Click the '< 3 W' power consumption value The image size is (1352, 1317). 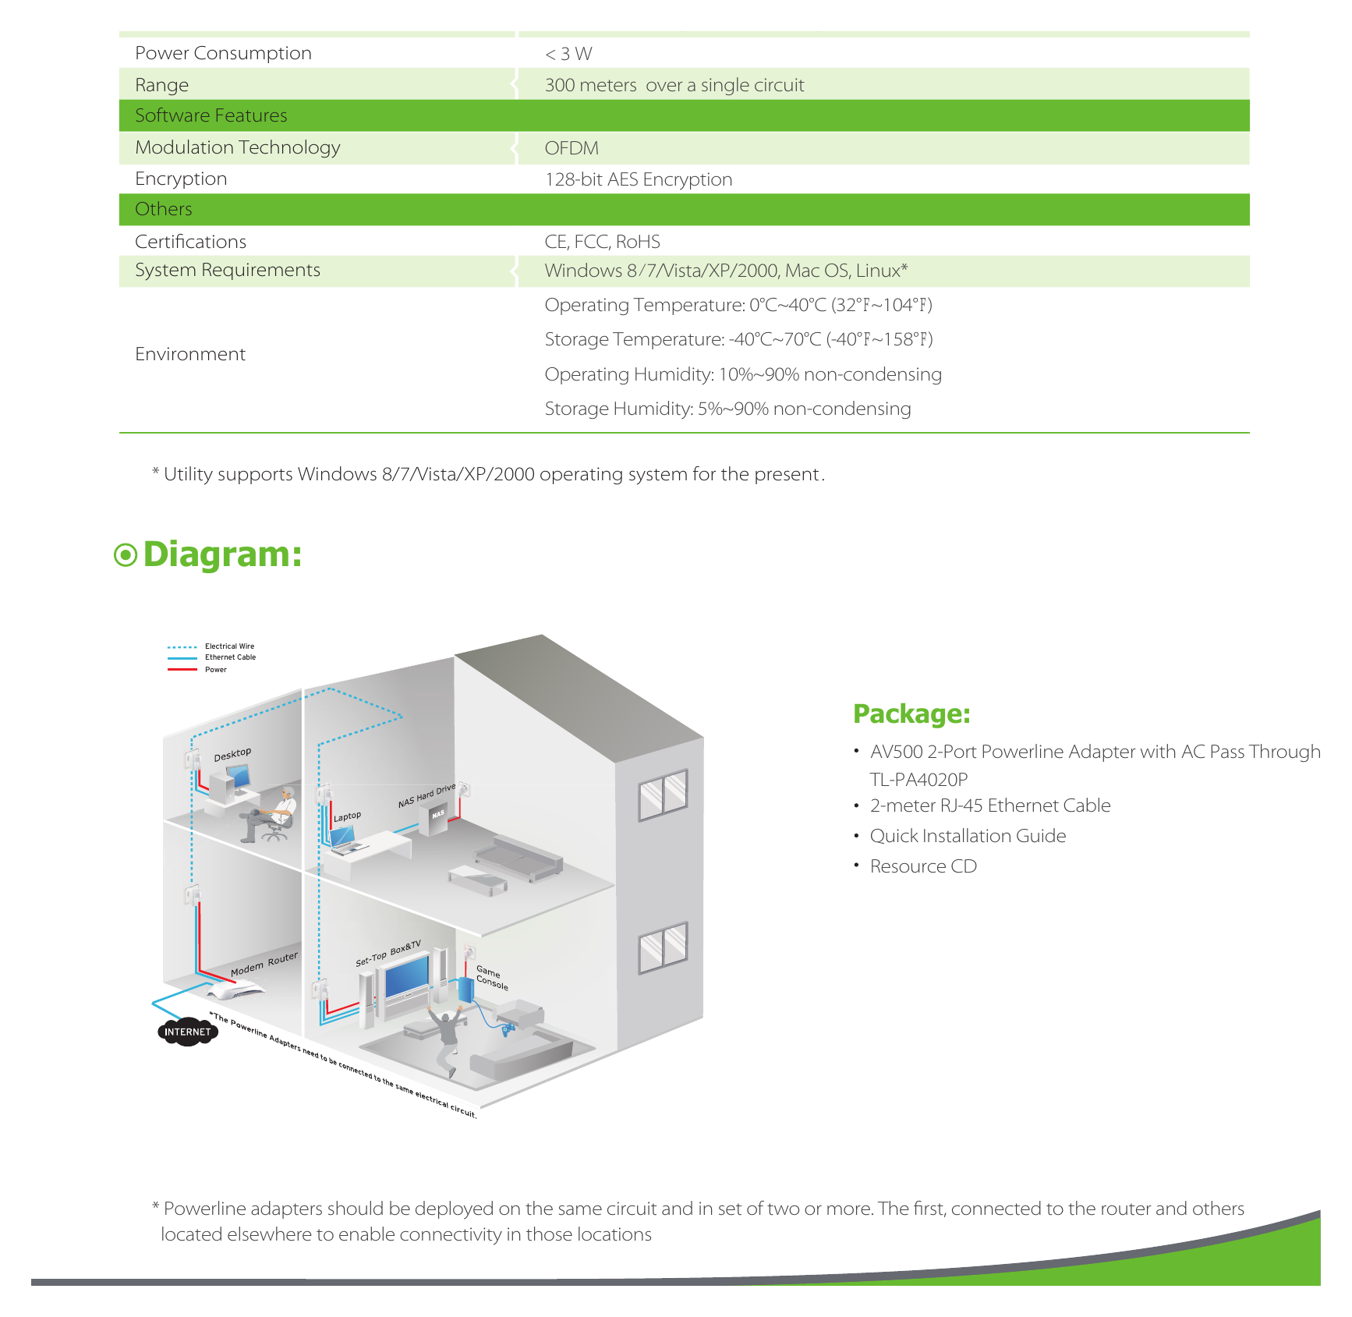[x=568, y=54]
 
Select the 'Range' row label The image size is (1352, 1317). [x=162, y=85]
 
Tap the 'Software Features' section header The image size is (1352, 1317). [x=211, y=115]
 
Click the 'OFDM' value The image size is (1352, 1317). [x=572, y=148]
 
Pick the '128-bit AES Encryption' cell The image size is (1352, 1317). [x=639, y=179]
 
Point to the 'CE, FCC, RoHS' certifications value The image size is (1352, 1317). [x=603, y=242]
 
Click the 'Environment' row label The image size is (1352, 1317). [x=190, y=354]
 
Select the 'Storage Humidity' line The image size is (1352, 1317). [x=727, y=409]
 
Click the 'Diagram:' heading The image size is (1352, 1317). [x=222, y=554]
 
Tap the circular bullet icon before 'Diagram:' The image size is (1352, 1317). [x=126, y=555]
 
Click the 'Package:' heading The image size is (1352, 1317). [x=911, y=714]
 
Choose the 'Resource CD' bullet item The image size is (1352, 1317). [x=923, y=866]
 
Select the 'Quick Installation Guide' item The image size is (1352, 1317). [x=968, y=836]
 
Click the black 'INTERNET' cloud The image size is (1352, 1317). [x=187, y=1032]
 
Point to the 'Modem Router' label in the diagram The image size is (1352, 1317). [x=264, y=965]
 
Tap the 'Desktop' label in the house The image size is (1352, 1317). [x=232, y=754]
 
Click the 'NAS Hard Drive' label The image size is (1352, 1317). [x=426, y=796]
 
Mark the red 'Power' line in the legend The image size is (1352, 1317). [x=182, y=669]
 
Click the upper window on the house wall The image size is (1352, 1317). [x=664, y=794]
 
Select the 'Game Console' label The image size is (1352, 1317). [x=491, y=978]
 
